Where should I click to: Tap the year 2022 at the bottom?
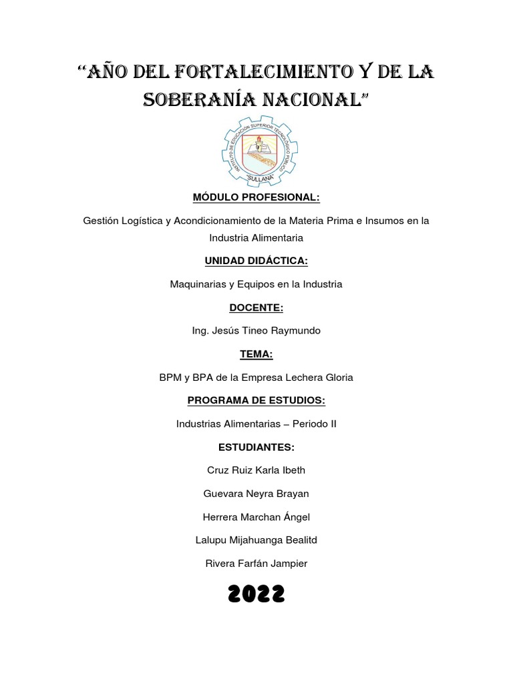[256, 593]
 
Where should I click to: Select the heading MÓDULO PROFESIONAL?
[256, 197]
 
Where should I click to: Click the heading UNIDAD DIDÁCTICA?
[256, 261]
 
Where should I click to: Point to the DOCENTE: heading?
[256, 307]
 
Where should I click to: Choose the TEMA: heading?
[256, 354]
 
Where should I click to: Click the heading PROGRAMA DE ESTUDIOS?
[256, 400]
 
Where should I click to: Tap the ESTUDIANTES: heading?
[256, 447]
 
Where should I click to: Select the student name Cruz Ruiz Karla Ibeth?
[256, 470]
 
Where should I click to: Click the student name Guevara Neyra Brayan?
[256, 494]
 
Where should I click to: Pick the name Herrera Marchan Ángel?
[256, 517]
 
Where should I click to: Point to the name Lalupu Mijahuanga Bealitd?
[256, 540]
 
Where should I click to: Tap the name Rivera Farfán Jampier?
[256, 564]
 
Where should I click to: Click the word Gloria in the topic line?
[338, 378]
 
